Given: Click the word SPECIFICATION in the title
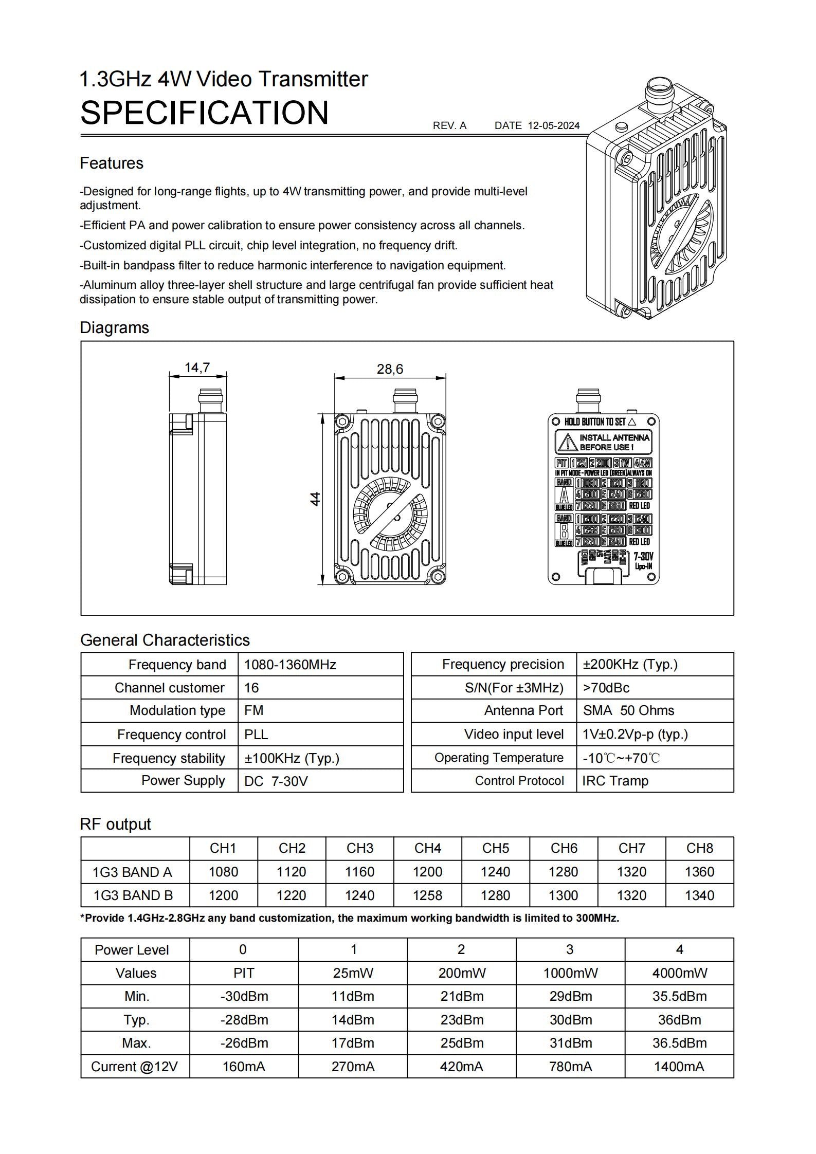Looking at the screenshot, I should tap(204, 113).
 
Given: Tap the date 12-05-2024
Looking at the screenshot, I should tap(553, 125).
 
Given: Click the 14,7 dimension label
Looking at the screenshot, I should tap(197, 368).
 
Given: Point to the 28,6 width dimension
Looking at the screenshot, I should tap(390, 369).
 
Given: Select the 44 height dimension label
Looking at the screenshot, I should tap(315, 499).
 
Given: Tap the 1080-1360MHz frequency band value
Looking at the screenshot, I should tap(290, 665).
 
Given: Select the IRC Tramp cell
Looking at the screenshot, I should tap(615, 781).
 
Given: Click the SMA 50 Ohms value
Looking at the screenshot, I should tap(628, 710).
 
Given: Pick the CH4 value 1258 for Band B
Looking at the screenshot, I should tap(427, 895).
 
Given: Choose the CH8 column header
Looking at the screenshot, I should tap(699, 848).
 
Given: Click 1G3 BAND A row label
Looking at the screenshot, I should tap(133, 872).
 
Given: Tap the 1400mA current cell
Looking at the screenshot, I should tap(679, 1067).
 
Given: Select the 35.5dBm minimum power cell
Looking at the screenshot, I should tap(679, 996).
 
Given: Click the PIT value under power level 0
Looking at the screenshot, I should tap(244, 973).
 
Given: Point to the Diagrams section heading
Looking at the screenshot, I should tap(114, 327).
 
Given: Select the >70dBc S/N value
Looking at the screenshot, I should tap(606, 688).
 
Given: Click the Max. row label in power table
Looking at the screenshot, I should tap(136, 1043).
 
